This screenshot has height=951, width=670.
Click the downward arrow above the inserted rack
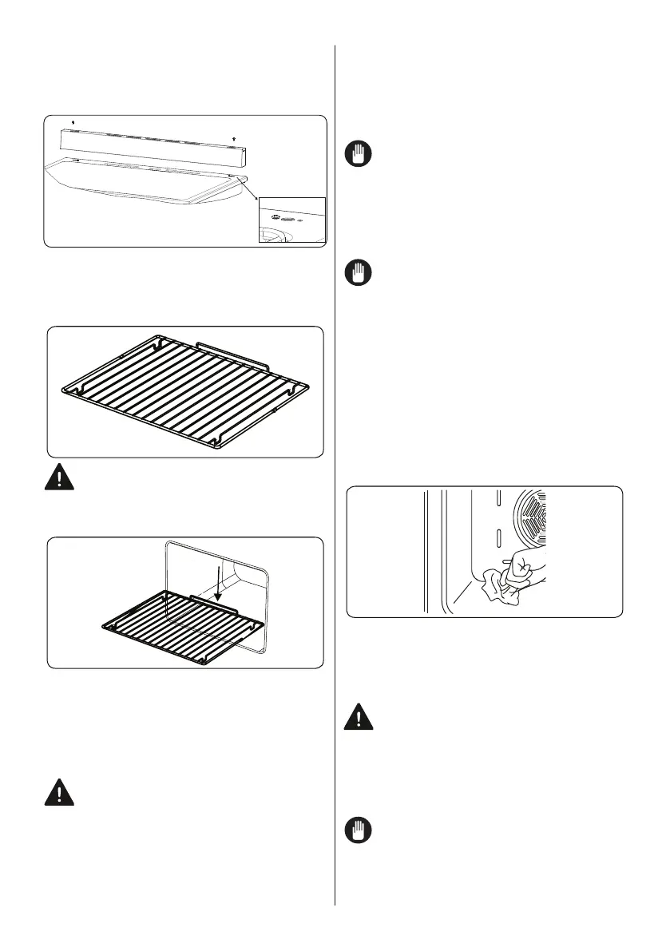point(218,584)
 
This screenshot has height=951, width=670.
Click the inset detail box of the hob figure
point(291,220)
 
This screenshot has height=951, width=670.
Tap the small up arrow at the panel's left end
point(73,122)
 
